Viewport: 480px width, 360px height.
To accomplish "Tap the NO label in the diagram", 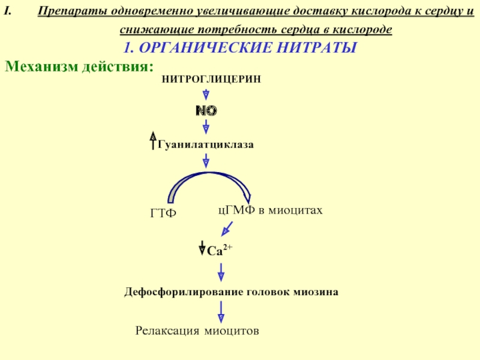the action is pyautogui.click(x=206, y=111).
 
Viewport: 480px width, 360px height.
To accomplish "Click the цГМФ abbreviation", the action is pyautogui.click(x=236, y=210).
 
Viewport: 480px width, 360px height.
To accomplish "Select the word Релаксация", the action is pyautogui.click(x=167, y=330).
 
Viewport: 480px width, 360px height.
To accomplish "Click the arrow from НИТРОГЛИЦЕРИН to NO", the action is pyautogui.click(x=206, y=95).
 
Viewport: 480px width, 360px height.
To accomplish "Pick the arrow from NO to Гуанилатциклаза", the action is pyautogui.click(x=206, y=127).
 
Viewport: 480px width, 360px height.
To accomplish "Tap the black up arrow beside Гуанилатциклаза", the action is pyautogui.click(x=153, y=142).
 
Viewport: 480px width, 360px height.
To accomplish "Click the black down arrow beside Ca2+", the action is pyautogui.click(x=202, y=247).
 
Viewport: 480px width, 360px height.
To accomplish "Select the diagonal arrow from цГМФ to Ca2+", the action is pyautogui.click(x=227, y=228).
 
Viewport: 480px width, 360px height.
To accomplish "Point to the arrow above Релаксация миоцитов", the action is pyautogui.click(x=221, y=311).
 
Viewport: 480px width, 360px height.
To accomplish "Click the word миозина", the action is pyautogui.click(x=316, y=292).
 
